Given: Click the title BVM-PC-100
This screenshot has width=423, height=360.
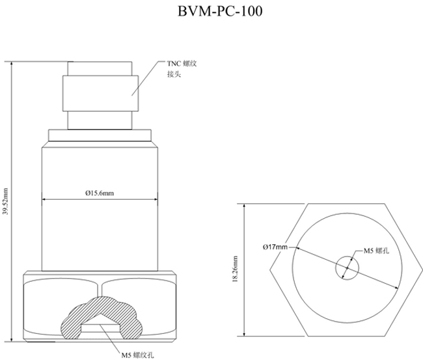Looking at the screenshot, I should [x=211, y=12].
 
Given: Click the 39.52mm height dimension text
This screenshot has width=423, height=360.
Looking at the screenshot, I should [x=6, y=202].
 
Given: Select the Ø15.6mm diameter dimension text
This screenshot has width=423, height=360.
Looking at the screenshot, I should [x=100, y=193].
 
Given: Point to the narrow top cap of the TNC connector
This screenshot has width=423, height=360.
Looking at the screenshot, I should [x=101, y=68].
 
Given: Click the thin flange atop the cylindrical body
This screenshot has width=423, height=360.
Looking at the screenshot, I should [x=100, y=135].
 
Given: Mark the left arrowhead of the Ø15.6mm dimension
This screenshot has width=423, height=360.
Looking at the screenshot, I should [x=44, y=199].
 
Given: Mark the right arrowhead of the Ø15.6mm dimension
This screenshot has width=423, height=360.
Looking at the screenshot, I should [x=155, y=199].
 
